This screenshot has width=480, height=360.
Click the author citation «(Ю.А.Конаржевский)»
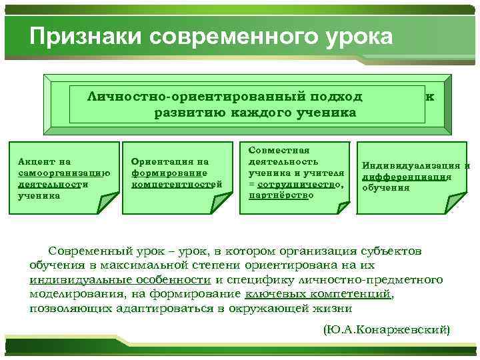click(x=387, y=329)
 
